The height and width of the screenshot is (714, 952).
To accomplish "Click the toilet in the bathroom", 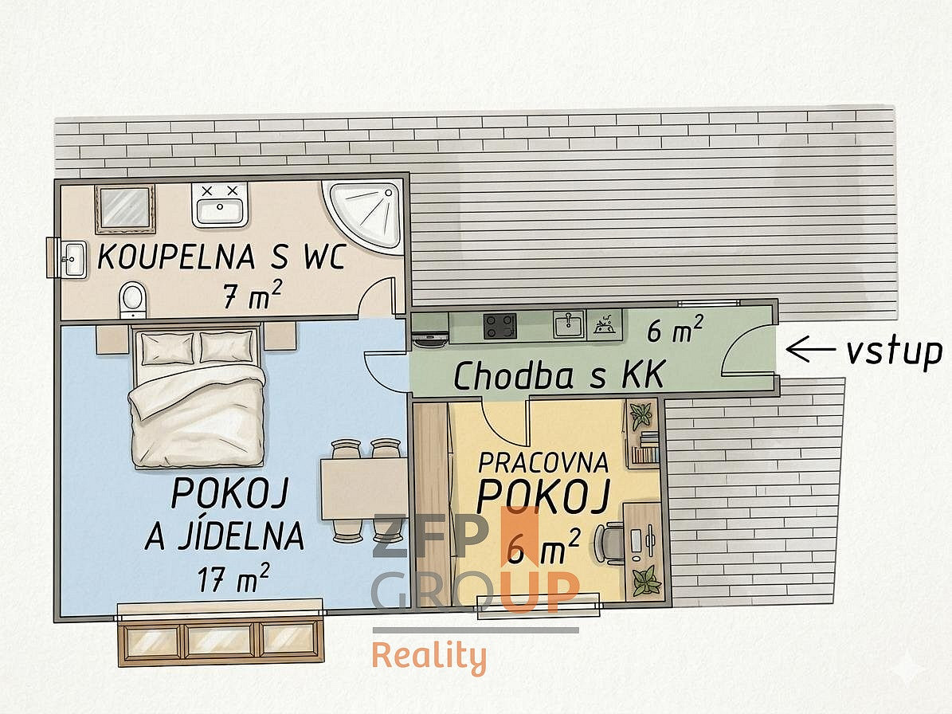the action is click(x=132, y=299).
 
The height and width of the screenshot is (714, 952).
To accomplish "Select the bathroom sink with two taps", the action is click(x=219, y=204).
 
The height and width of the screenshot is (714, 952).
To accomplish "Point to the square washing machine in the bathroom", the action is click(x=124, y=209).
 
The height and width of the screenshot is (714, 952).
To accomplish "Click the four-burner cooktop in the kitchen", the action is click(x=500, y=326).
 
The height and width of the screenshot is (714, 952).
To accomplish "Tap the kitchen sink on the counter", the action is click(x=568, y=324).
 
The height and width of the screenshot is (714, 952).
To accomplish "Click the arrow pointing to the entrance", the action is click(x=809, y=351).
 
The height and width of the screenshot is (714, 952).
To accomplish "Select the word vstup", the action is click(x=895, y=353).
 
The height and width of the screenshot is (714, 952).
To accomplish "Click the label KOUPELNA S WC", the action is click(x=221, y=257).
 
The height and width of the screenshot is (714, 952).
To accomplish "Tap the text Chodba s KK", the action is click(x=559, y=376).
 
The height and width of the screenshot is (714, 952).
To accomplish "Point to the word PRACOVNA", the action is click(x=543, y=463).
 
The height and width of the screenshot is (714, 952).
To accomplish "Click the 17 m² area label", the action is click(x=233, y=578).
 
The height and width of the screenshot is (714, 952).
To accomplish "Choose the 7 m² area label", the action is click(x=252, y=296).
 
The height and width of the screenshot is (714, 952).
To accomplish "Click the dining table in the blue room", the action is click(x=364, y=489).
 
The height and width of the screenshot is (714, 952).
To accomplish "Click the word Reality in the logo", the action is click(x=429, y=657).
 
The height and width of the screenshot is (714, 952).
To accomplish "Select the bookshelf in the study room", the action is click(x=642, y=432).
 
